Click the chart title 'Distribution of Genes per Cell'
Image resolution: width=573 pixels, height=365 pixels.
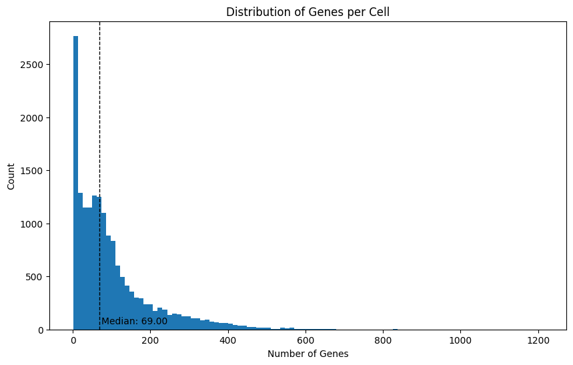pos(308,11)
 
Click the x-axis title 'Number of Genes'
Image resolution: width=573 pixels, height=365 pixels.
pos(308,354)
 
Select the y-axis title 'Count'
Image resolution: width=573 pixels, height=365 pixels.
pos(11,175)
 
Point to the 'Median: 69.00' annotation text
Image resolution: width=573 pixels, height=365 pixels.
pos(134,321)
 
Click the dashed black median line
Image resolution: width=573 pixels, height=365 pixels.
pos(99,133)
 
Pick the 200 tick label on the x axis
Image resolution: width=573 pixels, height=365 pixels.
pos(151,340)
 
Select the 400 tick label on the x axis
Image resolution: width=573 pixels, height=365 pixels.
pos(228,340)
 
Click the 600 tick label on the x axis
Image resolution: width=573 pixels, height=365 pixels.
pos(306,340)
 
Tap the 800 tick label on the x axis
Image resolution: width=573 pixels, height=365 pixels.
pos(383,340)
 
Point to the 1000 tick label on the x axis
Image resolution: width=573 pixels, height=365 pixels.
pos(460,340)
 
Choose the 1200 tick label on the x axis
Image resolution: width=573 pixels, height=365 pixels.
pos(538,340)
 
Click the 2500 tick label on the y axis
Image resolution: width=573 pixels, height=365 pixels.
pos(34,65)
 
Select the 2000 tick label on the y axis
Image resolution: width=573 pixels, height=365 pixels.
pos(34,118)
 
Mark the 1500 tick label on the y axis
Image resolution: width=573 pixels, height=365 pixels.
pos(34,171)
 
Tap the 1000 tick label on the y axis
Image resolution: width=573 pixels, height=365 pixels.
pos(34,224)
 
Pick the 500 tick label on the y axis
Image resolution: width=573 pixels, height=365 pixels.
pos(37,276)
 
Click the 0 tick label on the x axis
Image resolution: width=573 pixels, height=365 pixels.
pos(73,340)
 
